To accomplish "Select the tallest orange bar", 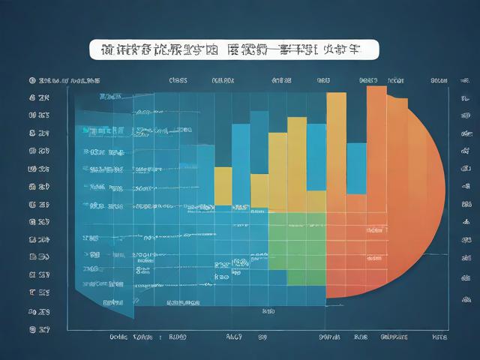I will (376, 187).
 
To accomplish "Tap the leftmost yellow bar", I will (223, 185).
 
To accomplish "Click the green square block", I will (297, 247).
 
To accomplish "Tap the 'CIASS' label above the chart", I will (178, 79).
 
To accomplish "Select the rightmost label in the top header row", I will (439, 79).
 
